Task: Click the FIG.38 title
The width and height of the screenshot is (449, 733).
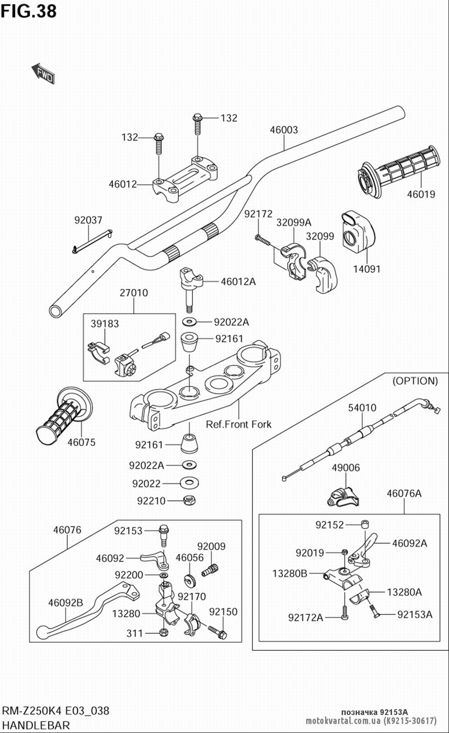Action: (29, 11)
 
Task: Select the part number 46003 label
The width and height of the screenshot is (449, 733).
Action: (283, 130)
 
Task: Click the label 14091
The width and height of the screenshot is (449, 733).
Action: (367, 269)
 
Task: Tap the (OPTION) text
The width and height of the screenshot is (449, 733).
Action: (415, 381)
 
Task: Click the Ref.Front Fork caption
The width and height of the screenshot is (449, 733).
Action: (238, 424)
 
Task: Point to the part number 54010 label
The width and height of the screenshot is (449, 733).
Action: (362, 408)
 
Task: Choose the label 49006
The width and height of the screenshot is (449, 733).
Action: (346, 467)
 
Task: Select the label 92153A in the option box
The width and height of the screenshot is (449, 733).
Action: (414, 614)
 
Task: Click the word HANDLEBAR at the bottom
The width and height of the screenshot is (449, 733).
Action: (36, 725)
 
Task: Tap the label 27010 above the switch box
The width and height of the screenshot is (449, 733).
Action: (133, 293)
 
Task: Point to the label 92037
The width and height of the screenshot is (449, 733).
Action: (88, 220)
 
